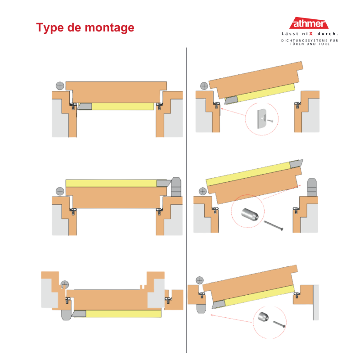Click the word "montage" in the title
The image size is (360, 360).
point(109,28)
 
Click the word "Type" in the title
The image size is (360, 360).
point(50,28)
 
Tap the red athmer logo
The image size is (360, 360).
point(309,23)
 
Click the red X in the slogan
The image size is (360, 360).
point(311,34)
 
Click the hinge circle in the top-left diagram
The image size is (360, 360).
point(60,86)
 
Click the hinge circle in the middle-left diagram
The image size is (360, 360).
point(60,191)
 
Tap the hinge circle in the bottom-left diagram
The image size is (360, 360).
point(64,285)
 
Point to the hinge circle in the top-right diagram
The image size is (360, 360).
point(204,86)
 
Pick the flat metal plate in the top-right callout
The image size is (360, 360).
point(262,119)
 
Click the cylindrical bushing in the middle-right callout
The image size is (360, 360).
point(250,214)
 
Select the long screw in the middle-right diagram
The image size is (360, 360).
point(273,225)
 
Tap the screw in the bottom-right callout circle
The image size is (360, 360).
point(279,324)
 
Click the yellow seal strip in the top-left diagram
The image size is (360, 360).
point(123,106)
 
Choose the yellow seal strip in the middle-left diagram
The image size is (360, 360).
point(111,183)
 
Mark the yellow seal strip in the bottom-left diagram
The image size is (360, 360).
point(123,314)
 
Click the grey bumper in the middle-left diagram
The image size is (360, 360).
point(176,187)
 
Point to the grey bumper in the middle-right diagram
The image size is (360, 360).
point(312,187)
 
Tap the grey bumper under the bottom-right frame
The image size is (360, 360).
point(201,309)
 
